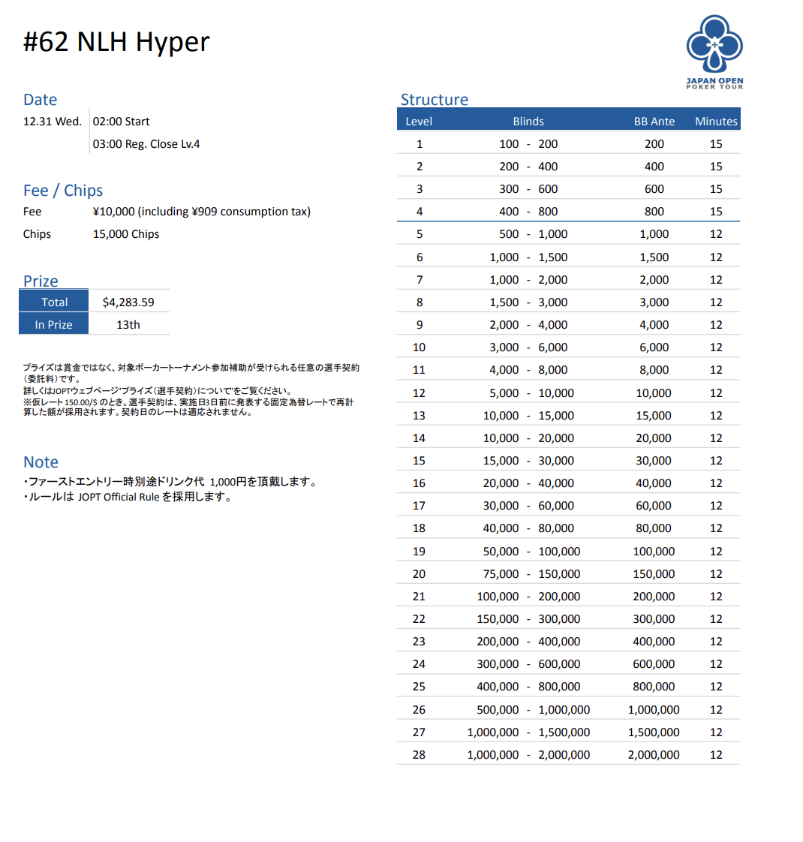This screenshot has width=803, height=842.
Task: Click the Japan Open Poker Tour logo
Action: click(x=714, y=52)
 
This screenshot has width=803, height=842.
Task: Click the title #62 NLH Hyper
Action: click(x=116, y=42)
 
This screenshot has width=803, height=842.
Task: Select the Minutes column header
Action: click(x=716, y=121)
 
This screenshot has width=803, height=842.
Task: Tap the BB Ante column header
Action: click(x=654, y=121)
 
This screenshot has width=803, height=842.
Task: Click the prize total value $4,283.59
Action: click(x=128, y=302)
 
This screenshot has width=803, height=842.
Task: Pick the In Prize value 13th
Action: click(x=128, y=324)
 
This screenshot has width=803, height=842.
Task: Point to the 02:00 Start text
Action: click(x=122, y=121)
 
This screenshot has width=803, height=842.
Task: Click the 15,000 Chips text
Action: click(x=126, y=233)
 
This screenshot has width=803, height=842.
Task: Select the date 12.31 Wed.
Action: click(x=53, y=121)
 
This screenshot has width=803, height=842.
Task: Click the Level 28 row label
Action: click(x=419, y=754)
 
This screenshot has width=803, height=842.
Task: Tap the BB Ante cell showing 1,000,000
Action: click(x=654, y=709)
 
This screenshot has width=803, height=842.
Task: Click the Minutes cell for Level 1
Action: click(x=716, y=143)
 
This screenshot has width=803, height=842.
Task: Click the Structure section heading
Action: click(x=434, y=99)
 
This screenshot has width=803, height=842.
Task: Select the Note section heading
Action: click(x=41, y=462)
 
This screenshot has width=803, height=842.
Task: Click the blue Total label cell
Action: click(x=54, y=302)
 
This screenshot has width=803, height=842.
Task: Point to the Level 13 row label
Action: click(x=419, y=415)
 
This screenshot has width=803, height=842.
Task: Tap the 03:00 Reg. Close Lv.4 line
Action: click(x=146, y=143)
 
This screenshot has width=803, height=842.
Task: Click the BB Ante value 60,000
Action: click(x=654, y=505)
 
